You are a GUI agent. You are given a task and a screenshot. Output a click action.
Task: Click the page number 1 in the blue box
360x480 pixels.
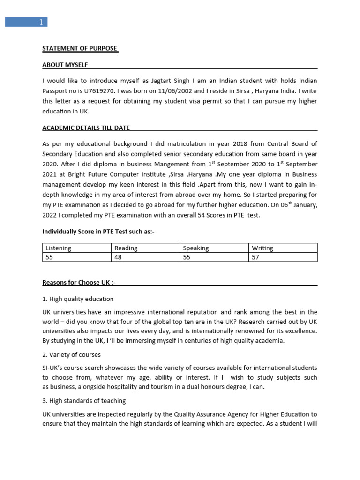click(x=41, y=22)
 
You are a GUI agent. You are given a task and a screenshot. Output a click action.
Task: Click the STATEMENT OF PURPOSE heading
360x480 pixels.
click(x=80, y=48)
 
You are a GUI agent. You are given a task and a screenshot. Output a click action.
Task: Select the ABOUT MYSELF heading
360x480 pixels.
click(x=65, y=64)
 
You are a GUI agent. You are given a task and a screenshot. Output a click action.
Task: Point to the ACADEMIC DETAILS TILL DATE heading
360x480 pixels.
click(x=86, y=127)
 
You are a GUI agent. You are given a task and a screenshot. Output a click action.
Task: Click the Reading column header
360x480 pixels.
click(x=126, y=248)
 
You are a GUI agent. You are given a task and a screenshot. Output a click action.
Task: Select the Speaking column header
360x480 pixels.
click(x=196, y=248)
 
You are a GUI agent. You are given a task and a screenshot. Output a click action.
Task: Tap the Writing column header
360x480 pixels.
click(x=262, y=248)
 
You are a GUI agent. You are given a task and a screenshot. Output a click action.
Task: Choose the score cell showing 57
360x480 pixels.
click(x=255, y=257)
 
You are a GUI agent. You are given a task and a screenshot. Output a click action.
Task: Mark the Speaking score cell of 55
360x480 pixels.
click(x=187, y=257)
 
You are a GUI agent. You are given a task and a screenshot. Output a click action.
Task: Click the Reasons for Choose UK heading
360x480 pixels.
click(x=79, y=282)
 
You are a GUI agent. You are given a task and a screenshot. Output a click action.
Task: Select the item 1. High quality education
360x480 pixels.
click(x=78, y=299)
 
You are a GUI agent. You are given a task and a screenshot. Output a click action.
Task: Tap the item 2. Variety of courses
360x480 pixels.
click(x=72, y=354)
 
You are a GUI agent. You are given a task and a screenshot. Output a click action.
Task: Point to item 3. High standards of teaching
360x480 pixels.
click(x=84, y=401)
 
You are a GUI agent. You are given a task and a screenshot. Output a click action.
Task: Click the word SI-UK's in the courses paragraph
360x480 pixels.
click(x=54, y=367)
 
